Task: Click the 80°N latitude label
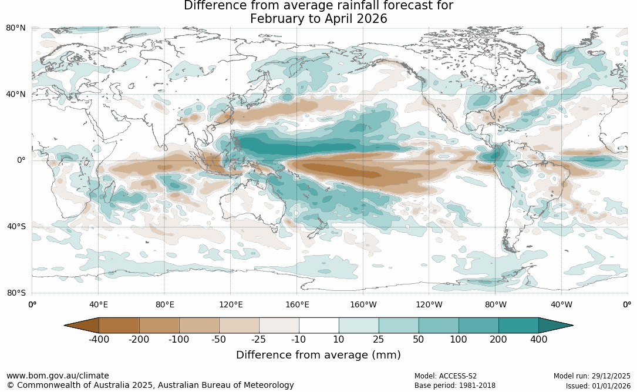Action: (x=16, y=28)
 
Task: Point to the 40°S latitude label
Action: (x=16, y=226)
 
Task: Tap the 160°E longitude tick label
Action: (x=297, y=304)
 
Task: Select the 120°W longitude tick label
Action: (x=429, y=304)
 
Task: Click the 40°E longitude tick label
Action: (x=99, y=304)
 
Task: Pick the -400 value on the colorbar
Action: (x=99, y=339)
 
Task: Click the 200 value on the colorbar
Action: (x=498, y=339)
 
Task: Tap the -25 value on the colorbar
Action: (x=259, y=339)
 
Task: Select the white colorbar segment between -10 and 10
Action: (x=319, y=326)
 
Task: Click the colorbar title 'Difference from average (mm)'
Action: (x=318, y=355)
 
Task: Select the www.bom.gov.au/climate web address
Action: (x=58, y=376)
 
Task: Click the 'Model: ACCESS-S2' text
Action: (x=446, y=376)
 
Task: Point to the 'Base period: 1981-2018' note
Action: (x=455, y=386)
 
